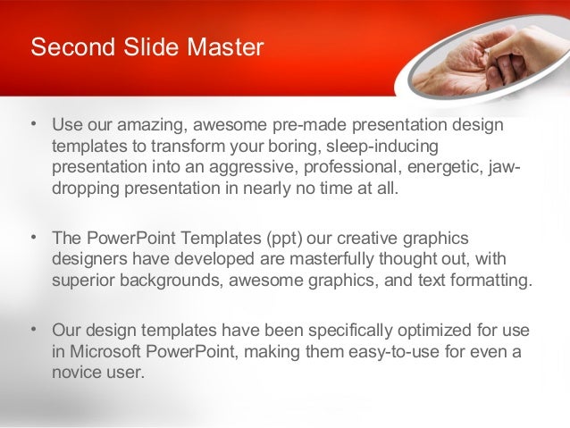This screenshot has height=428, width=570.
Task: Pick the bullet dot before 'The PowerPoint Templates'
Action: pos(33,238)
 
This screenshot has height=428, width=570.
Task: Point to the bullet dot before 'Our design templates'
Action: pos(33,330)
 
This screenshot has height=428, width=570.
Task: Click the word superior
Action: pos(82,281)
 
